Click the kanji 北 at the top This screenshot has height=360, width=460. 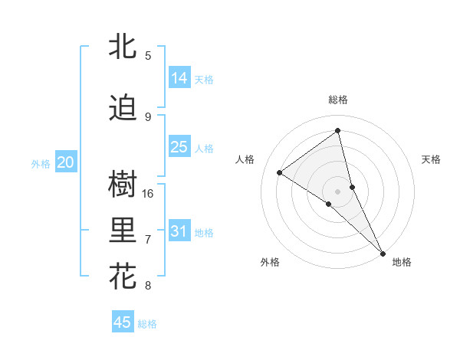(x=123, y=47)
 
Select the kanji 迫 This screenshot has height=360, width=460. (x=123, y=109)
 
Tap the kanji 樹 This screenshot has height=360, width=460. (x=123, y=185)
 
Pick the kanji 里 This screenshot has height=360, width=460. (x=123, y=231)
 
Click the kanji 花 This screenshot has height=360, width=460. (x=123, y=277)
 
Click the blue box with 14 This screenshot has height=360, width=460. (x=179, y=78)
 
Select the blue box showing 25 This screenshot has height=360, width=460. (x=179, y=147)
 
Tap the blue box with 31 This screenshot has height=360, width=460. (x=179, y=231)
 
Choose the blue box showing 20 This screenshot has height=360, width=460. (x=66, y=162)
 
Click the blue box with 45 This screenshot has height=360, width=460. (x=123, y=322)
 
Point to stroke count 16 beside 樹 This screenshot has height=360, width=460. (x=149, y=193)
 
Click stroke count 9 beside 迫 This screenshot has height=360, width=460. (x=148, y=116)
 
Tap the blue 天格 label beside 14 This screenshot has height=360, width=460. (x=204, y=79)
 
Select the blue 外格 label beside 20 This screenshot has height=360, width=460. (x=41, y=163)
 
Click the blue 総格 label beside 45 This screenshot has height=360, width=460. (x=147, y=323)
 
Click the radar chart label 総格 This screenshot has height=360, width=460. (x=337, y=100)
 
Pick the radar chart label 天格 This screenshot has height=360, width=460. (x=431, y=159)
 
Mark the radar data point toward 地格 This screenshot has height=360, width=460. (x=382, y=252)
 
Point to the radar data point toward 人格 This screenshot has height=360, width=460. (x=280, y=173)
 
